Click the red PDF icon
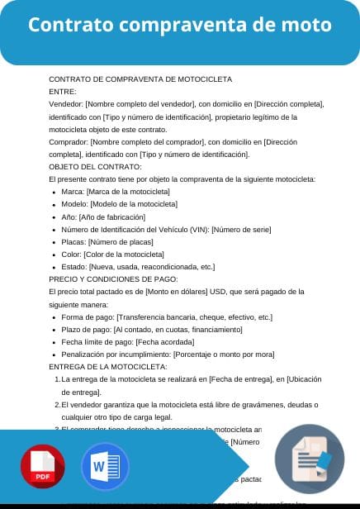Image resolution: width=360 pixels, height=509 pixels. (x=43, y=467)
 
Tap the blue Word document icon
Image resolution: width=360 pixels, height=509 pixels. (x=105, y=467)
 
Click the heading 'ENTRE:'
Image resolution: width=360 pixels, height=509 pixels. (x=63, y=91)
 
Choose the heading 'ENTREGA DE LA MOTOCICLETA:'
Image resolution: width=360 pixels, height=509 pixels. (x=108, y=366)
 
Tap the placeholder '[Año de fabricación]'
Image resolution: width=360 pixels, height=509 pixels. (x=116, y=216)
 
